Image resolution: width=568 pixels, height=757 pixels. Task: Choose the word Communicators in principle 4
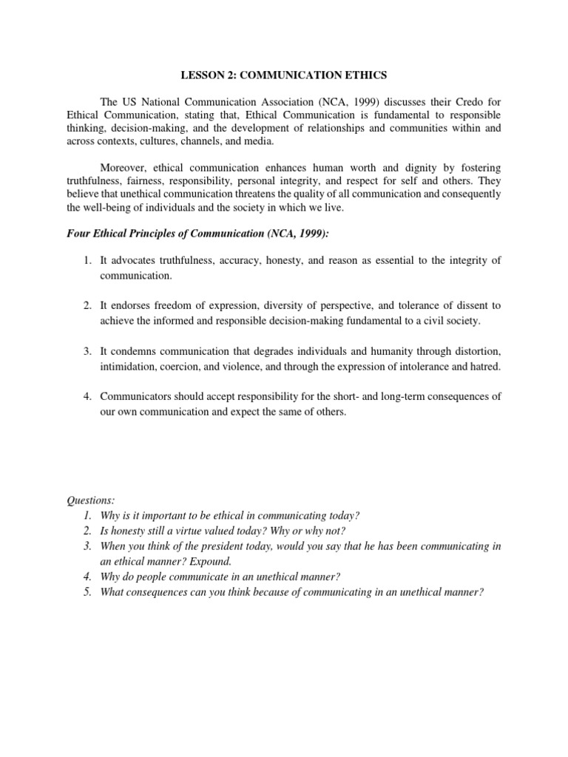137,396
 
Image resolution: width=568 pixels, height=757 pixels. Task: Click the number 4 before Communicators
86,396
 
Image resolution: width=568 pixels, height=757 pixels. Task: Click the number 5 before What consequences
87,592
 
